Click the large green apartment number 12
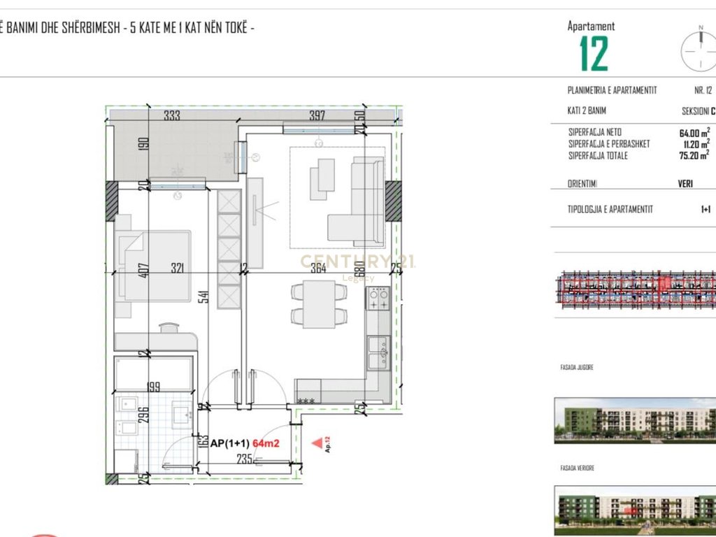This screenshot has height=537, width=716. pyautogui.click(x=594, y=55)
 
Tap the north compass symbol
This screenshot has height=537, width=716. pyautogui.click(x=699, y=49)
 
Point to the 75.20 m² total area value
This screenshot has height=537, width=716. pyautogui.click(x=694, y=155)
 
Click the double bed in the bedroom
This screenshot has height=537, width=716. pyautogui.click(x=154, y=266)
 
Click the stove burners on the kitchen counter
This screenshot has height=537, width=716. pyautogui.click(x=379, y=300)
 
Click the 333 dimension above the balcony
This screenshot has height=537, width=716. pyautogui.click(x=172, y=116)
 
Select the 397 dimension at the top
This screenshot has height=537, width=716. pyautogui.click(x=317, y=116)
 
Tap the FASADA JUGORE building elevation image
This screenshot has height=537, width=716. pyautogui.click(x=635, y=420)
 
